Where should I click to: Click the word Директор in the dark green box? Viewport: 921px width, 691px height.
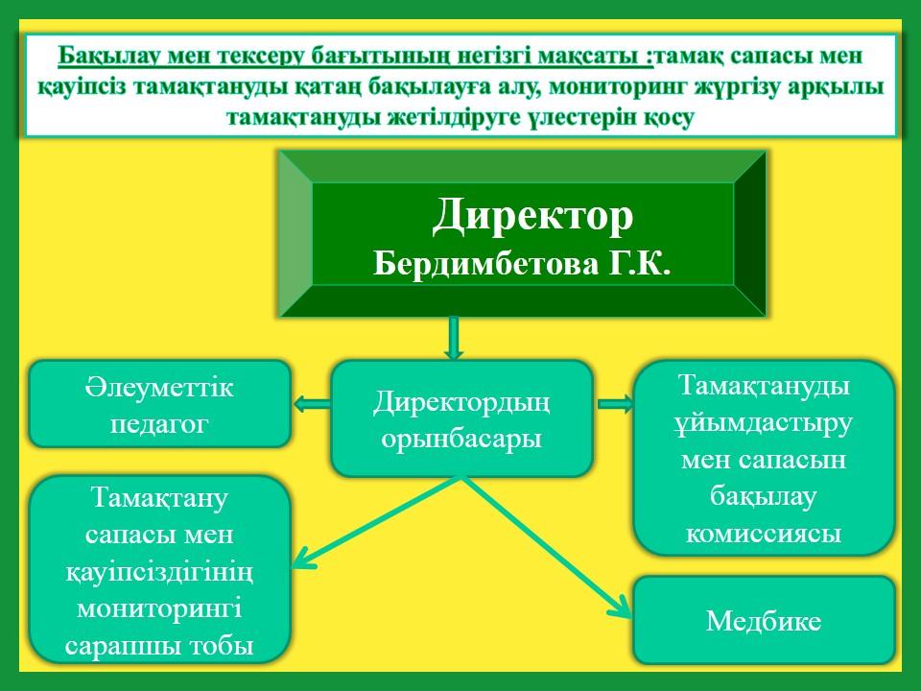tap(532, 216)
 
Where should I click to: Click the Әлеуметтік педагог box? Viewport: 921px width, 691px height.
tap(160, 404)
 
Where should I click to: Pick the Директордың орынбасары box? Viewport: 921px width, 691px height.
tap(461, 418)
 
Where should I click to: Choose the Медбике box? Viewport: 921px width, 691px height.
tap(765, 621)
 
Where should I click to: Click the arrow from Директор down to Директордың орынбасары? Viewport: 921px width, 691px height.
tap(453, 338)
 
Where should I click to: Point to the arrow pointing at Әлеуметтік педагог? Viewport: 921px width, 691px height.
tap(312, 404)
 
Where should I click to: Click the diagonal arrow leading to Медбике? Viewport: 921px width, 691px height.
tap(546, 547)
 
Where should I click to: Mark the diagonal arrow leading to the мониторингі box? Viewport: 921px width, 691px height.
tap(376, 522)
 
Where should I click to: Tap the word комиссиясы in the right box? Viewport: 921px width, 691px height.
tap(765, 534)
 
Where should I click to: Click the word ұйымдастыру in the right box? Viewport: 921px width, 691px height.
tap(763, 424)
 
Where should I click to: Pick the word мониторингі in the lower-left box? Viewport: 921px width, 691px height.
tap(160, 608)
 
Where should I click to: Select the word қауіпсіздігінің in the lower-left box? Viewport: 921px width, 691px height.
tap(160, 571)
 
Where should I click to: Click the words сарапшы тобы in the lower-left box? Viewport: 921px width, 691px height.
tap(160, 645)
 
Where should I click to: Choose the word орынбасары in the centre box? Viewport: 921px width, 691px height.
tap(461, 439)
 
